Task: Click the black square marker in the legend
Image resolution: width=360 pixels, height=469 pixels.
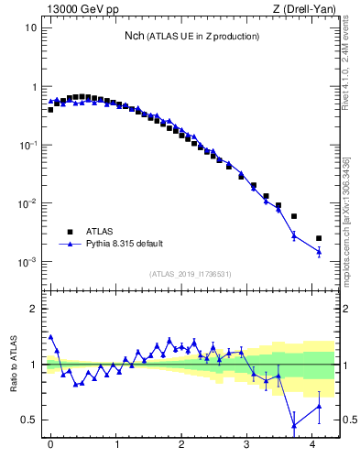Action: click(69, 232)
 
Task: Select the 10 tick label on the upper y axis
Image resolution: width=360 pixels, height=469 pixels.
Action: click(30, 27)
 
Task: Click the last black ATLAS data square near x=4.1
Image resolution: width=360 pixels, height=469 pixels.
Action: click(319, 238)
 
